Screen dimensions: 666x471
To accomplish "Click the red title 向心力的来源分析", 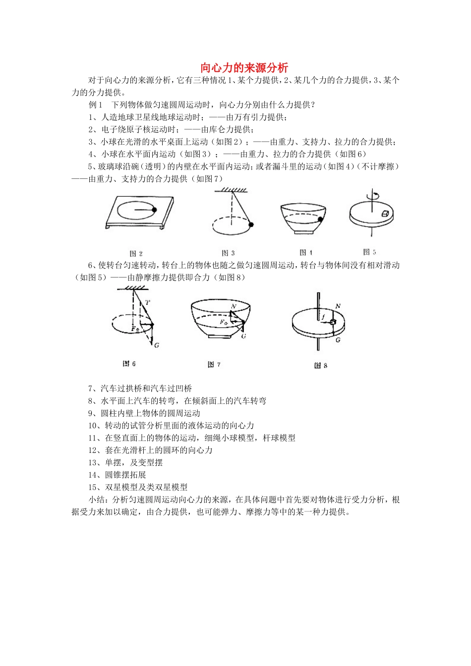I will tap(244, 67).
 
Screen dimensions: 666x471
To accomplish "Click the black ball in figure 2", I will tap(154, 210).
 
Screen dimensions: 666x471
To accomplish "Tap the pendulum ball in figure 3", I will tap(251, 225).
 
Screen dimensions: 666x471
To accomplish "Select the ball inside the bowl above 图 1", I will tap(321, 219).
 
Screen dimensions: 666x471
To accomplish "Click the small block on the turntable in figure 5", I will tap(385, 214).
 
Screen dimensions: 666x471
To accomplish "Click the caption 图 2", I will tap(136, 254).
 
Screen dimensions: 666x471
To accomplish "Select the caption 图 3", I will tap(228, 253).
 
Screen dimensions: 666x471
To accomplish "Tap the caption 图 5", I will tap(369, 252).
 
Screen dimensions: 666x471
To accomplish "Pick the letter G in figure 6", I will tap(156, 345).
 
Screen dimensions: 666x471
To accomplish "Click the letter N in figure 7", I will tap(233, 307).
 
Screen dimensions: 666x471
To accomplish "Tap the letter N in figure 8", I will tap(338, 306).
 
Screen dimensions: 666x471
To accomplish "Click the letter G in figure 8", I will tap(338, 340).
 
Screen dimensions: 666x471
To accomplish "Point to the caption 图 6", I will tap(129, 364).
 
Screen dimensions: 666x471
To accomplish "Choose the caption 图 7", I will tap(214, 365).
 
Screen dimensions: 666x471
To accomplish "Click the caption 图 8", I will tap(321, 366).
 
